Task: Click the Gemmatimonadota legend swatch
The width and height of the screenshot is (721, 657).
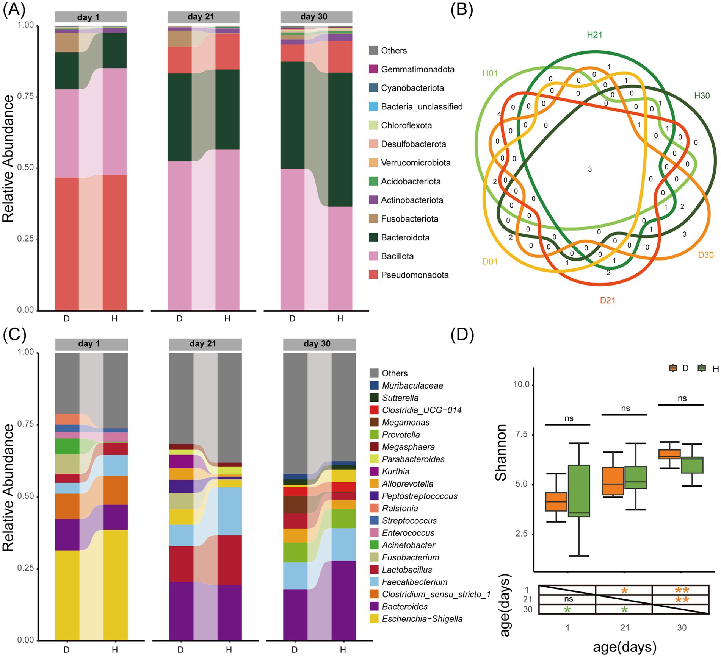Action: (373, 69)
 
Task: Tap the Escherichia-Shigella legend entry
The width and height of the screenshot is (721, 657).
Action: (422, 619)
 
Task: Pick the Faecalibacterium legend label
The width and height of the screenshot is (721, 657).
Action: (414, 582)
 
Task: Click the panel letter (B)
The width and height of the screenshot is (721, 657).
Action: (461, 10)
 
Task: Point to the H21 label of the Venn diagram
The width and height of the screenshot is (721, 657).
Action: (594, 35)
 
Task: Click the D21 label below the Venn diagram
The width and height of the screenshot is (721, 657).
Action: (607, 300)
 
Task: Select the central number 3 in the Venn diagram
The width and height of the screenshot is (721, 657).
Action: (590, 169)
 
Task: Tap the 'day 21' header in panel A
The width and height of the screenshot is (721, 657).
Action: (201, 17)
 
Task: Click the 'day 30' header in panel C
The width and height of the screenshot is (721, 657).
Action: (317, 344)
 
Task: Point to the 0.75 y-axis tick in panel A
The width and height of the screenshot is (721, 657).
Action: (26, 96)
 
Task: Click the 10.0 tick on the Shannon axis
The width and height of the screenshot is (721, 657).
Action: (521, 384)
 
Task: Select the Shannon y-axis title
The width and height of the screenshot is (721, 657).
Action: (502, 452)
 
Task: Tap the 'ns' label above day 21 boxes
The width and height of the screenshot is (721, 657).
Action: (625, 408)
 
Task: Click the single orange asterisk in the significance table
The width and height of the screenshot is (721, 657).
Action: (624, 590)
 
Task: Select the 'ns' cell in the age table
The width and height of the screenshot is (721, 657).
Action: (568, 599)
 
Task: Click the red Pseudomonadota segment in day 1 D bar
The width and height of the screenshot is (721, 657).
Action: (67, 242)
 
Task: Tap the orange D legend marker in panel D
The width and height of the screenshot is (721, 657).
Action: (673, 368)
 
